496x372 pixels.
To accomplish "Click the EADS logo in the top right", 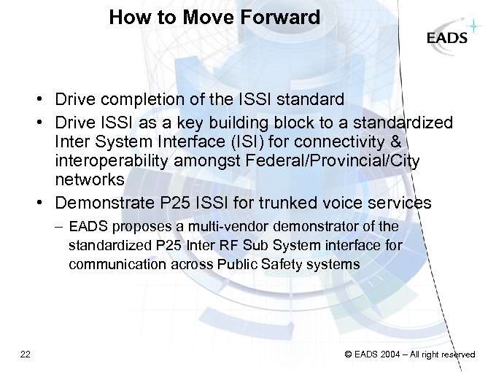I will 447,38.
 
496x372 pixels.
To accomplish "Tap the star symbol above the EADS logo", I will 474,26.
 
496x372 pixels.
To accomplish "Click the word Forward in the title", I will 281,18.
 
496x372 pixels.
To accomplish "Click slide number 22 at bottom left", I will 26,354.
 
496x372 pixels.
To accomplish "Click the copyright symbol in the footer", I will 348,354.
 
